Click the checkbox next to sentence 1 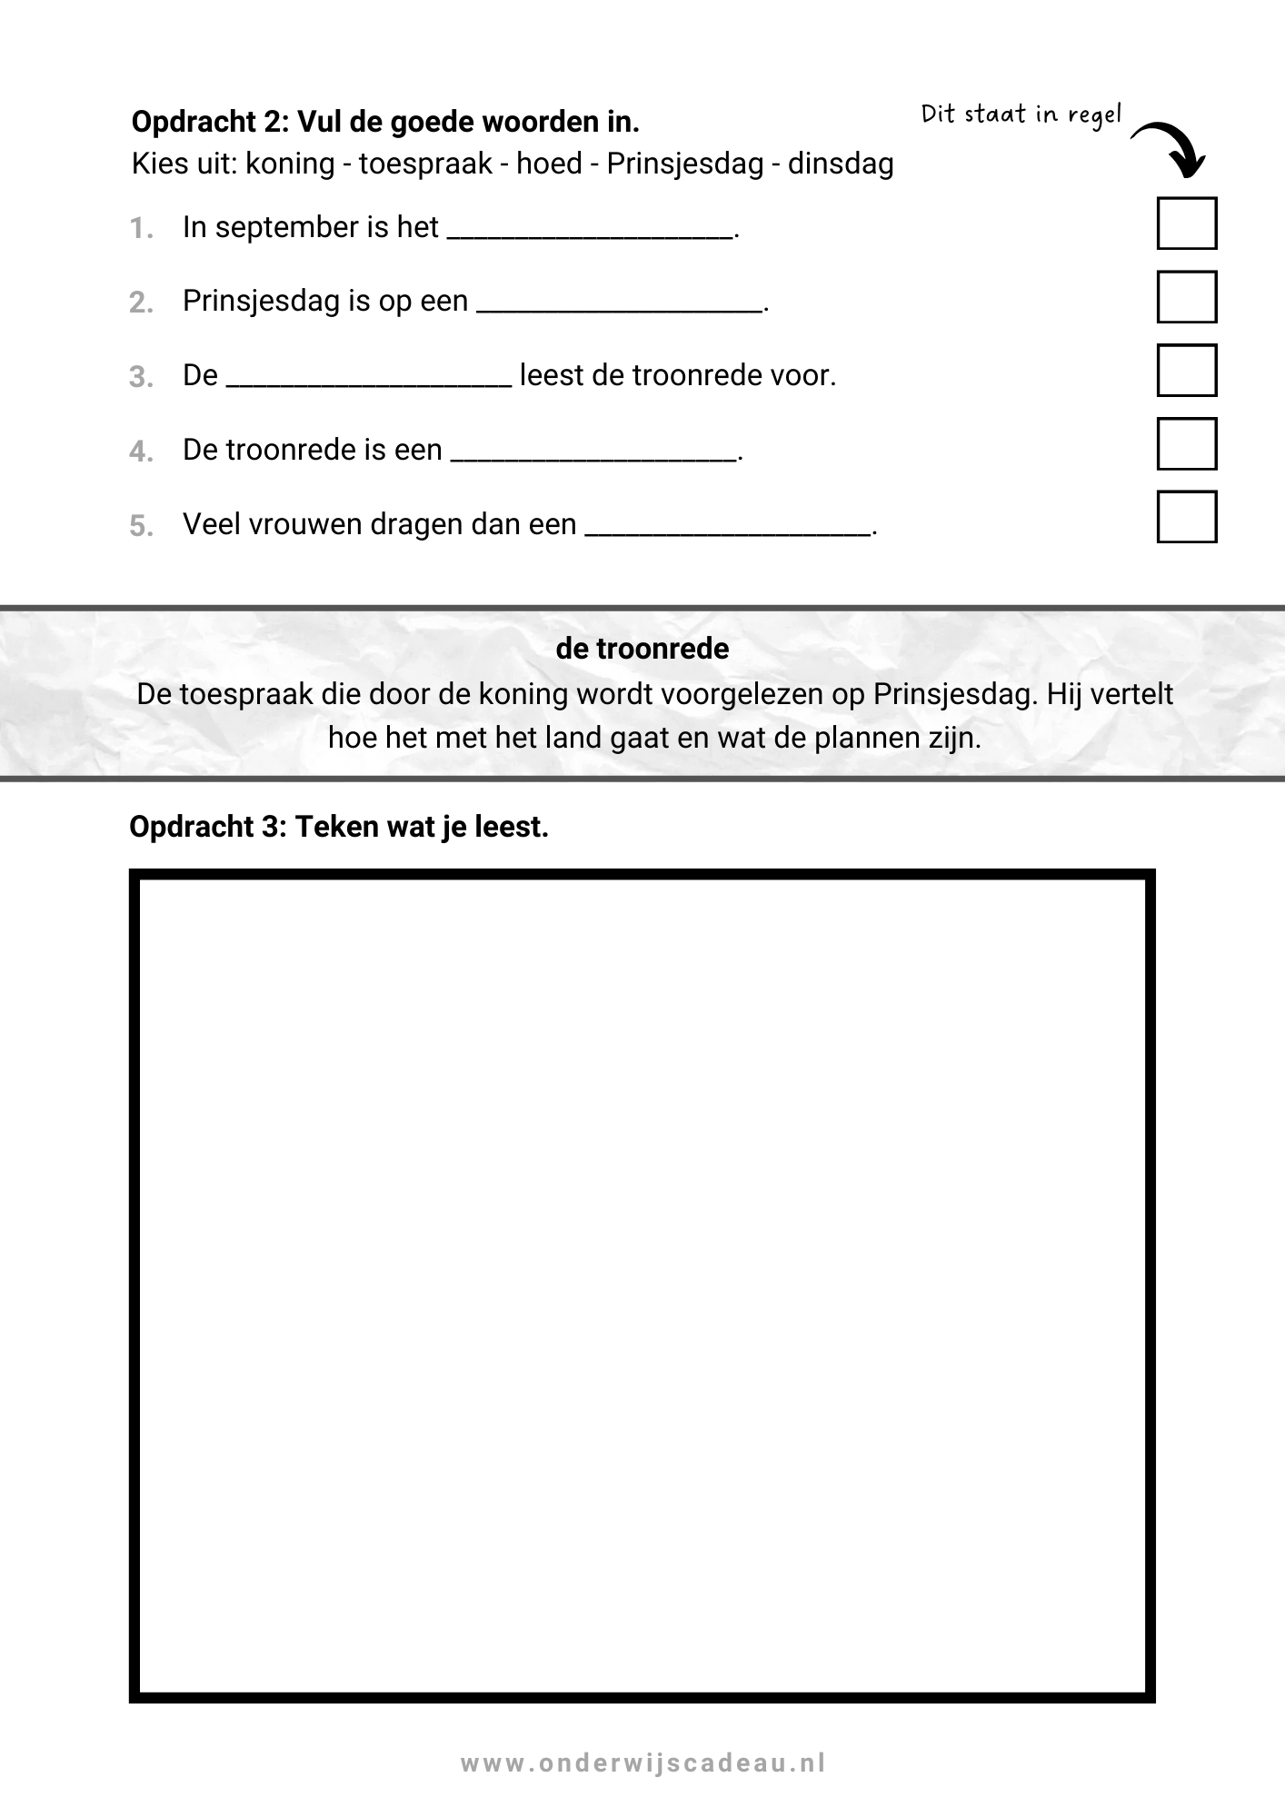pyautogui.click(x=1186, y=223)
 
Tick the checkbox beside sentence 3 pyautogui.click(x=1186, y=370)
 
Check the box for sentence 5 pyautogui.click(x=1186, y=516)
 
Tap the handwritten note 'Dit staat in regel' pyautogui.click(x=1021, y=114)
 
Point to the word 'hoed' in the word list pyautogui.click(x=549, y=164)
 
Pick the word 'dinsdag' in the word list pyautogui.click(x=841, y=164)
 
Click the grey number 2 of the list pyautogui.click(x=141, y=303)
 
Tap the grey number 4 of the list pyautogui.click(x=141, y=452)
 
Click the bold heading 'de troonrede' pyautogui.click(x=642, y=649)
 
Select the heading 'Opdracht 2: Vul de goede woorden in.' pyautogui.click(x=385, y=121)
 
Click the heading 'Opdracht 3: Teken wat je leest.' pyautogui.click(x=339, y=827)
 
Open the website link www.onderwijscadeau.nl pyautogui.click(x=642, y=1763)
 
